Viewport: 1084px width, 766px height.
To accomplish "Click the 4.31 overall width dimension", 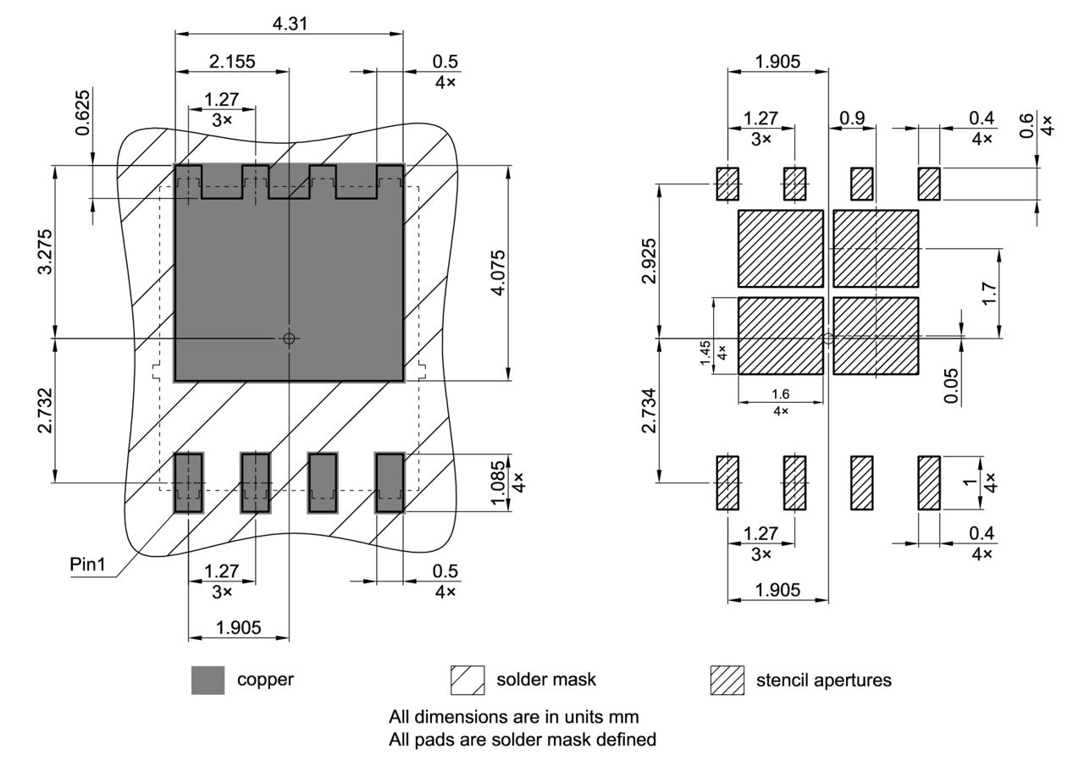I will pyautogui.click(x=290, y=24).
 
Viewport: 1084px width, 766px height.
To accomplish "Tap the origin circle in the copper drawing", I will pyautogui.click(x=289, y=338).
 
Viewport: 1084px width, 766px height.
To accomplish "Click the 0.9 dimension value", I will pyautogui.click(x=853, y=118).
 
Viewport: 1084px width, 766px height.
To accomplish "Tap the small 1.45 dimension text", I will pyautogui.click(x=705, y=351).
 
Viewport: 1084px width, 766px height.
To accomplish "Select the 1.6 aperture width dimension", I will pyautogui.click(x=780, y=394).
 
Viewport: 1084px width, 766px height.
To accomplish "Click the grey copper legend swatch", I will pyautogui.click(x=207, y=680).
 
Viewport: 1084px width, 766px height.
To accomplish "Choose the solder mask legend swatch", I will pyautogui.click(x=467, y=680).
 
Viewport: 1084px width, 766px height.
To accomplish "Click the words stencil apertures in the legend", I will pyautogui.click(x=823, y=680).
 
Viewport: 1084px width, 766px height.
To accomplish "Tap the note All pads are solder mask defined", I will pyautogui.click(x=522, y=739).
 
